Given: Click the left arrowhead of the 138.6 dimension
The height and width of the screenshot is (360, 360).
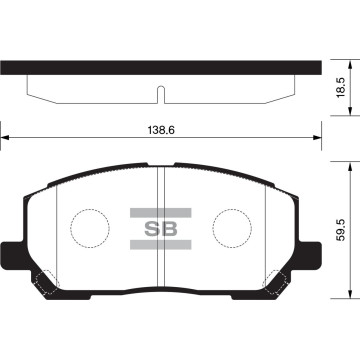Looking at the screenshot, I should click(5, 139).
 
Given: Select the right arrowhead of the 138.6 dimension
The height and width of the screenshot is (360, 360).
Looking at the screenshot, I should click(317, 139).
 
